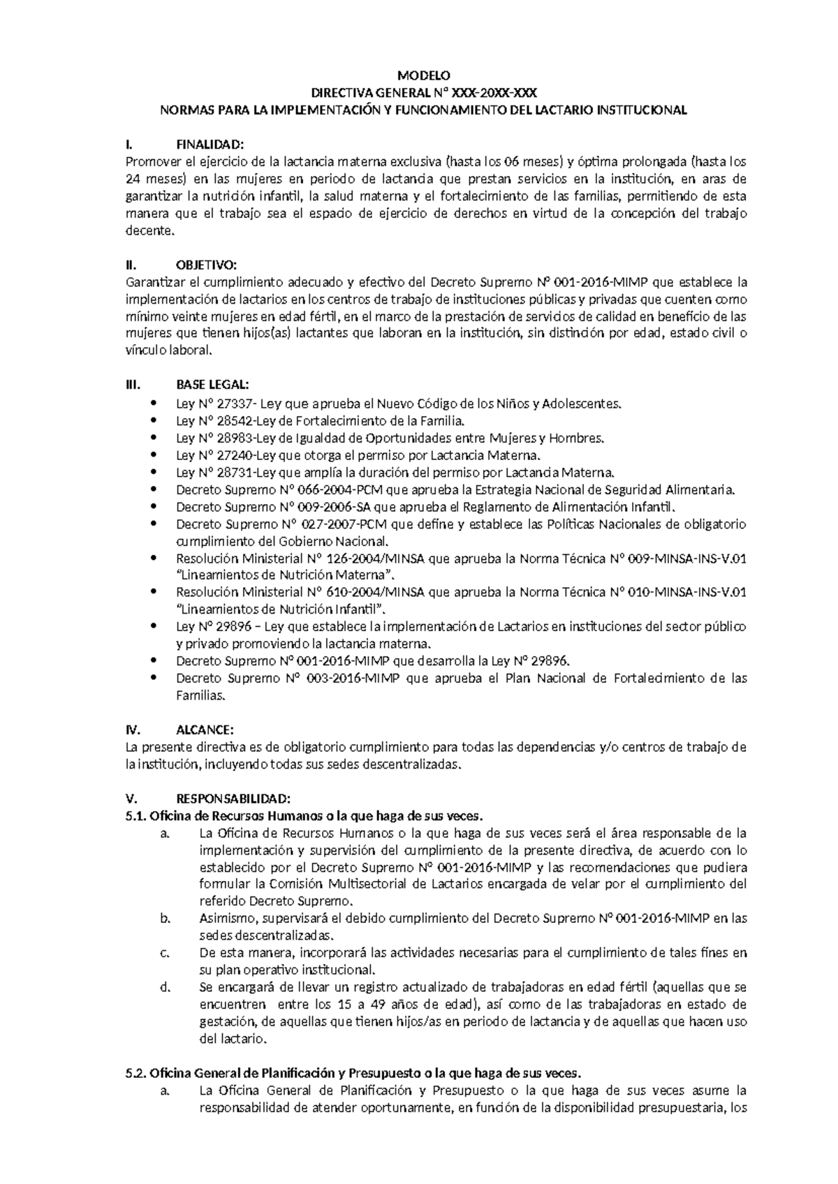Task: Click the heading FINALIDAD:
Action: point(210,145)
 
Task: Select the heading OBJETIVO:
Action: point(207,265)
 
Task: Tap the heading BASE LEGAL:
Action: point(212,386)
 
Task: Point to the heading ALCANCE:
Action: point(205,730)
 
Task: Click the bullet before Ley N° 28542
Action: point(154,421)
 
